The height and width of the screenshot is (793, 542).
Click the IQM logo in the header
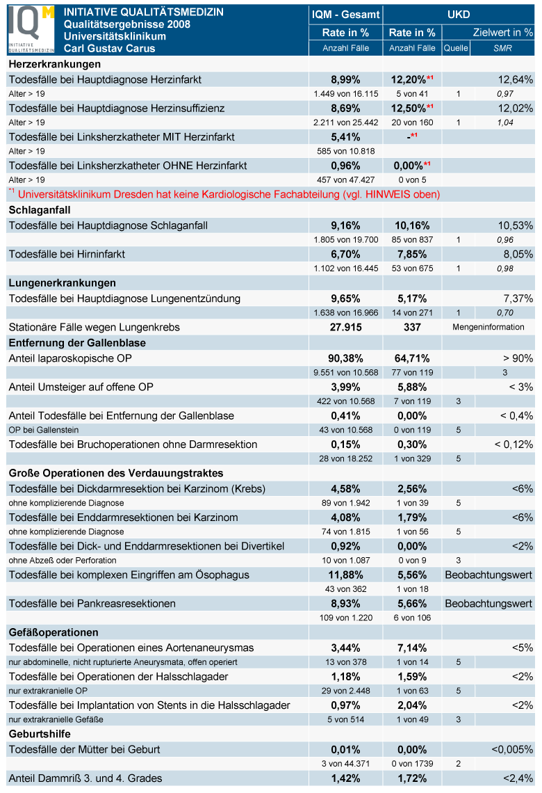(x=31, y=29)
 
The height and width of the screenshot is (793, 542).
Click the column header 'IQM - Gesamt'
(x=345, y=15)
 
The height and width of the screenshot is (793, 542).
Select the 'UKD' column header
(x=458, y=15)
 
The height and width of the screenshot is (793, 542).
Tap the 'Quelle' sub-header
(x=456, y=48)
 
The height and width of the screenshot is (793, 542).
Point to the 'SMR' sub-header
(x=502, y=48)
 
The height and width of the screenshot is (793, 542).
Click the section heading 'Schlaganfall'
(x=40, y=210)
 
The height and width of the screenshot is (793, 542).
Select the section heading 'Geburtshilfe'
(x=40, y=734)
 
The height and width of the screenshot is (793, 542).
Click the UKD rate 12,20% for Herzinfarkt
(x=408, y=79)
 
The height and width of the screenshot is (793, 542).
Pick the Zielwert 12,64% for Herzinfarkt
(x=515, y=79)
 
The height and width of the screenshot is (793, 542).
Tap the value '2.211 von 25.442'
(x=345, y=122)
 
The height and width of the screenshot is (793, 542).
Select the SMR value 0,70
(x=504, y=312)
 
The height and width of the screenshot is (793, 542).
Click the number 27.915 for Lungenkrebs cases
(x=345, y=327)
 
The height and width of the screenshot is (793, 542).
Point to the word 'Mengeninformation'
(x=488, y=327)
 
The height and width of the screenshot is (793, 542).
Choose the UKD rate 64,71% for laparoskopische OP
(x=412, y=358)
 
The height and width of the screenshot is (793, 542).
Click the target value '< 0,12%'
(x=514, y=444)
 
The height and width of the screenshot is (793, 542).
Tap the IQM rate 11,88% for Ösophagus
(x=345, y=575)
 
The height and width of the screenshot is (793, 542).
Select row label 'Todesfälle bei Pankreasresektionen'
(x=92, y=603)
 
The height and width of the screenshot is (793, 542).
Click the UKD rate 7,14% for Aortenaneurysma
(x=412, y=648)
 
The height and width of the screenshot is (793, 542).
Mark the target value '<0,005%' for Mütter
(x=512, y=749)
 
